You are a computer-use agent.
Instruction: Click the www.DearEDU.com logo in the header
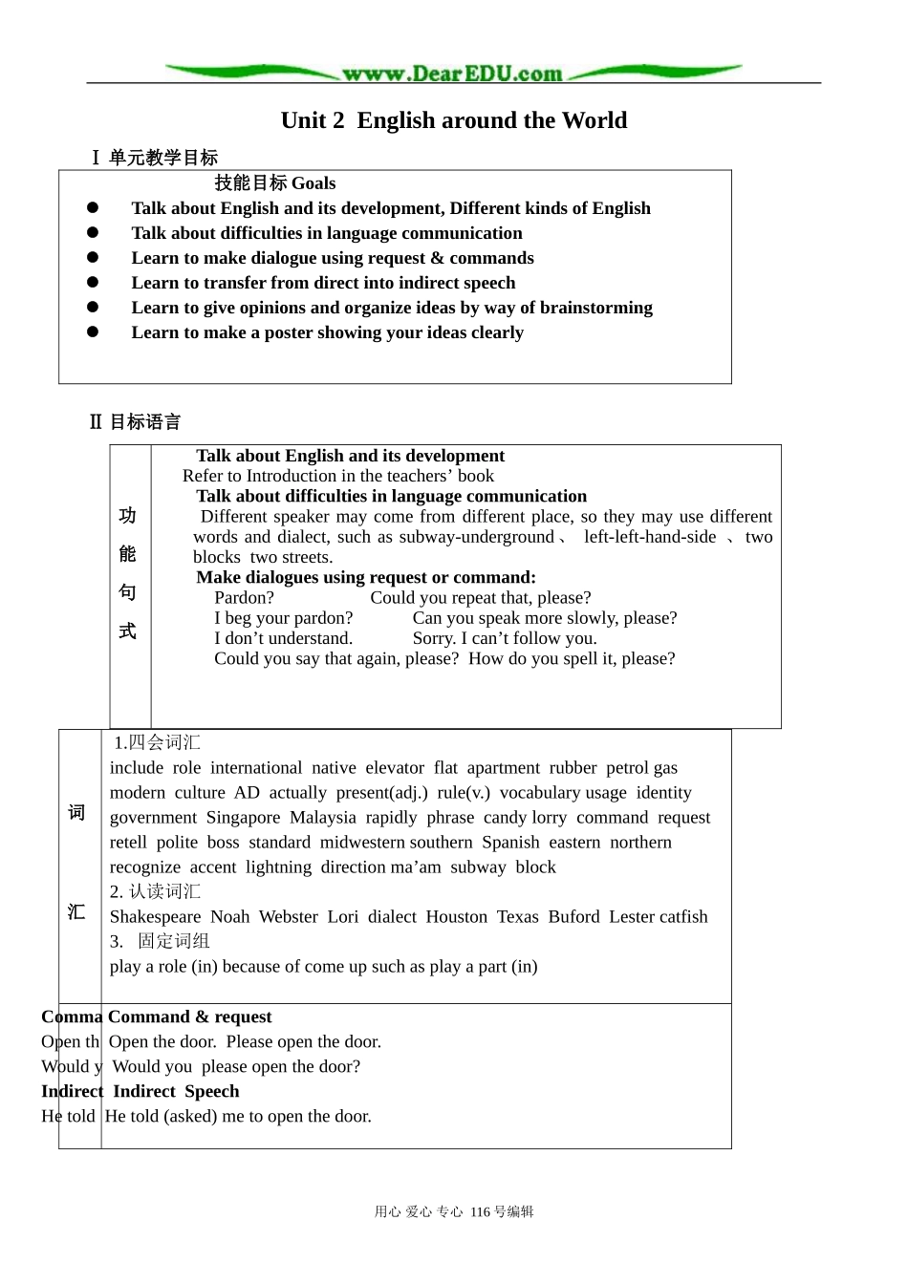tap(452, 74)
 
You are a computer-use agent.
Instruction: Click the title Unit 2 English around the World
tap(454, 120)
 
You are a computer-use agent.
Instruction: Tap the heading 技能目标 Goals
tap(274, 183)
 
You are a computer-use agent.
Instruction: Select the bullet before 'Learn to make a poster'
tap(93, 332)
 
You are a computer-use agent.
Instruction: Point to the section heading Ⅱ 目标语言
tap(135, 422)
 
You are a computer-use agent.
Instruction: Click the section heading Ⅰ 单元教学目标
tap(154, 158)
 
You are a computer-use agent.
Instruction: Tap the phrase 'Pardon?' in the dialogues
tap(244, 598)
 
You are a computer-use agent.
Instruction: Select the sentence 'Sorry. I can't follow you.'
tap(504, 638)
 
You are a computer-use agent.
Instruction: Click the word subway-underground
tap(476, 537)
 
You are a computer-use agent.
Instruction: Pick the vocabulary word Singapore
tap(243, 818)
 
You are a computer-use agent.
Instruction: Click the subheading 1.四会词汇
tap(157, 743)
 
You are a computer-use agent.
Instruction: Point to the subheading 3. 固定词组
tap(160, 942)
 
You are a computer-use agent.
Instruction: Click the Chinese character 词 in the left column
tap(76, 813)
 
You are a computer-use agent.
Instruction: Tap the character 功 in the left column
tap(127, 516)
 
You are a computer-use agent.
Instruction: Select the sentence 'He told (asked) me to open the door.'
tap(238, 1116)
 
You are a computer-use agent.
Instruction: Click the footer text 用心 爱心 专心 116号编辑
tap(454, 1212)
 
